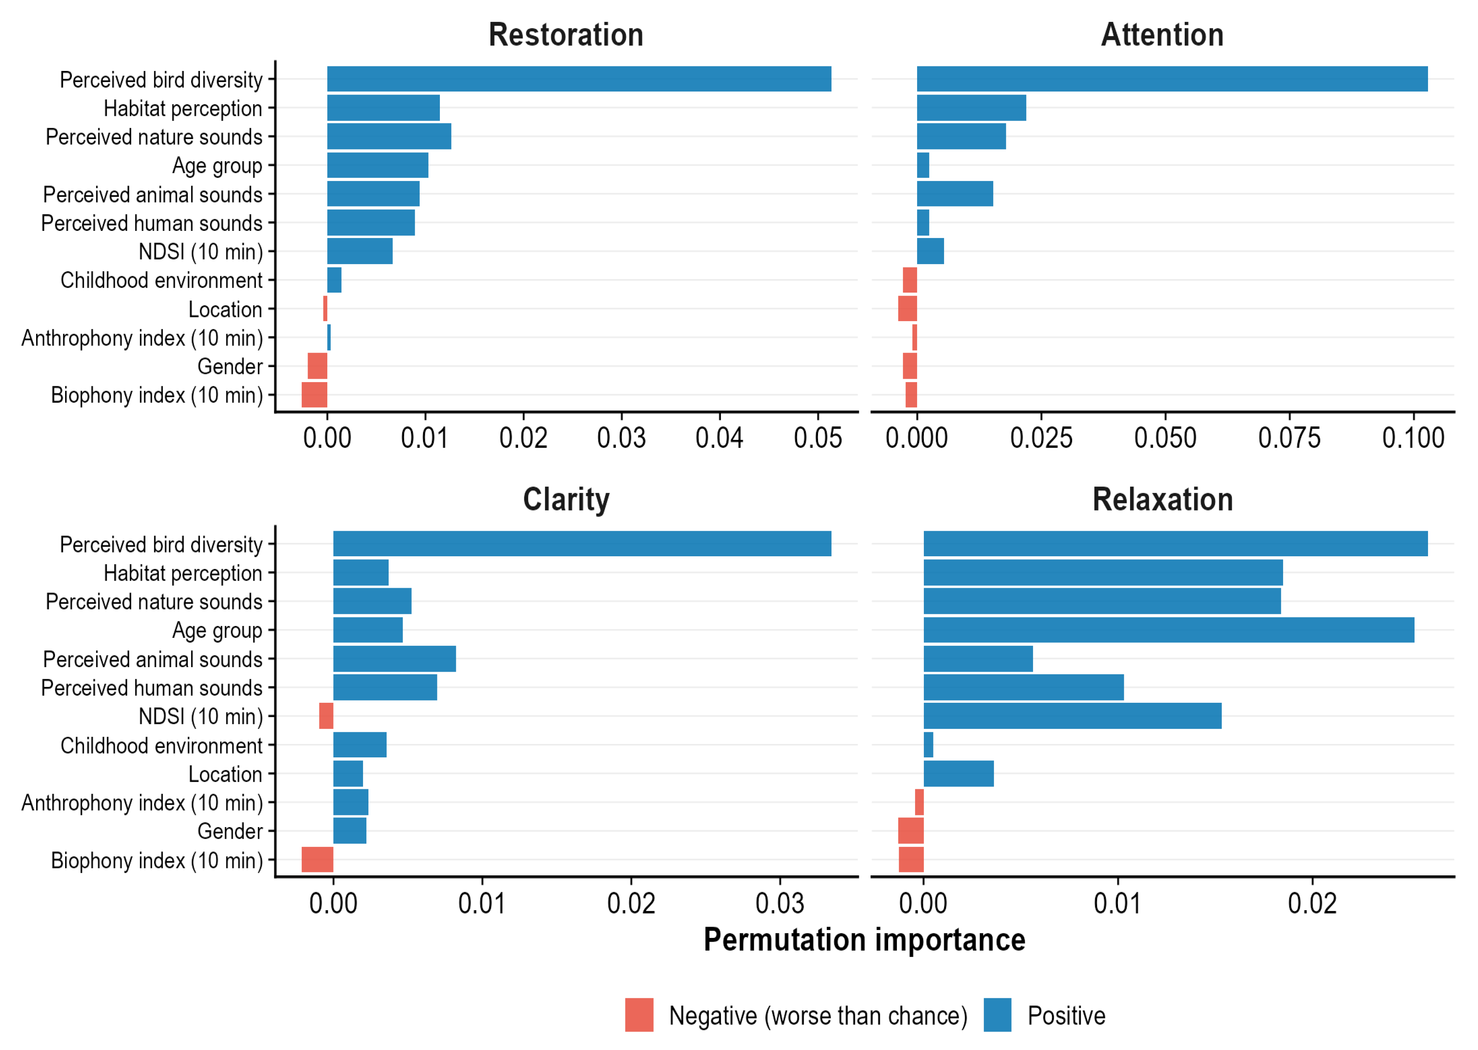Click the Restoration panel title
coord(565,35)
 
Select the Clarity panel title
coord(565,500)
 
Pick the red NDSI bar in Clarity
coord(326,716)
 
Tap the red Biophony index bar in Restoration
coord(314,394)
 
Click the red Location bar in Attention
coord(907,309)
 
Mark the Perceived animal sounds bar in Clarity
coord(394,659)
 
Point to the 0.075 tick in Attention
coord(1289,438)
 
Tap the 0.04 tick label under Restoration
coord(719,438)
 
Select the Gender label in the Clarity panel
coord(230,831)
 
